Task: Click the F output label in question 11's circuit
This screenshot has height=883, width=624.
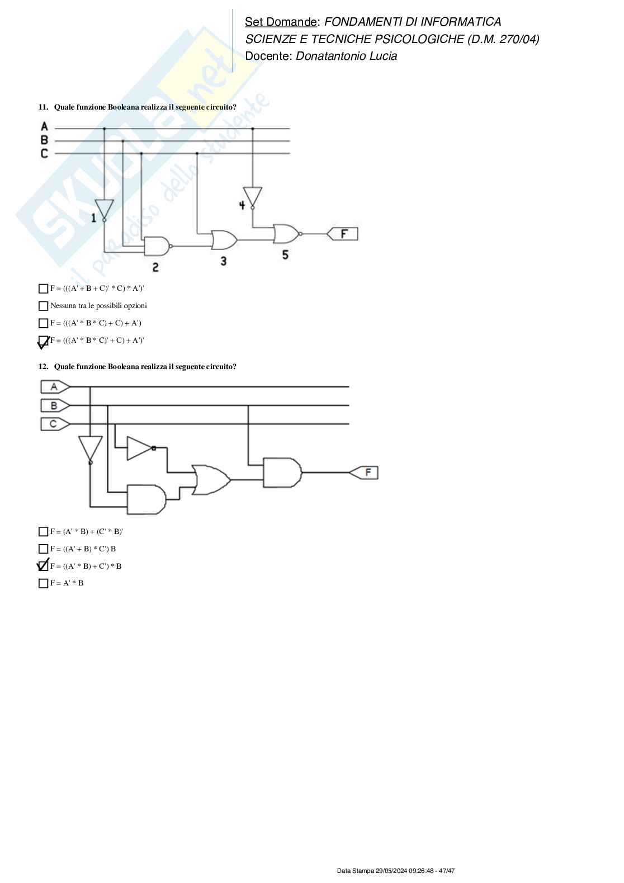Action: pyautogui.click(x=342, y=234)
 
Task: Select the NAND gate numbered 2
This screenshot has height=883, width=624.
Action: pyautogui.click(x=157, y=245)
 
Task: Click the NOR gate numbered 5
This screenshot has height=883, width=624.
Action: pyautogui.click(x=286, y=234)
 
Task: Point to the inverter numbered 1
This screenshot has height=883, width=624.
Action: pyautogui.click(x=104, y=210)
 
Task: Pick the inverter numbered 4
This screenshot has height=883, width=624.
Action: pyautogui.click(x=253, y=197)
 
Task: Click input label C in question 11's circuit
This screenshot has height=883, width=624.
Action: pyautogui.click(x=45, y=153)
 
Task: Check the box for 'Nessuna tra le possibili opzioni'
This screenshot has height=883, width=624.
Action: pyautogui.click(x=43, y=306)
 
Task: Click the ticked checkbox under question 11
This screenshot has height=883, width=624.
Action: pyautogui.click(x=43, y=341)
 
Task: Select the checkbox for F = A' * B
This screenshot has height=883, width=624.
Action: pyautogui.click(x=43, y=583)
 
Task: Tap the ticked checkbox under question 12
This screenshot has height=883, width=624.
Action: pyautogui.click(x=43, y=566)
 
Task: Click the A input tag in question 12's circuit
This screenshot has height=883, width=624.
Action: pyautogui.click(x=54, y=387)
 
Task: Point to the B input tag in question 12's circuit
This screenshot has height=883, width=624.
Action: pyautogui.click(x=54, y=405)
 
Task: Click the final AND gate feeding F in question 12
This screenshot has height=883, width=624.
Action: pyautogui.click(x=282, y=473)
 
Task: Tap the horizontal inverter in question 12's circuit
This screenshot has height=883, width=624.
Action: pyautogui.click(x=140, y=448)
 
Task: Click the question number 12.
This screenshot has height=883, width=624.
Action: pyautogui.click(x=43, y=367)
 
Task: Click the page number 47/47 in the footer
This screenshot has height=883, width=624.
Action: pyautogui.click(x=447, y=871)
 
